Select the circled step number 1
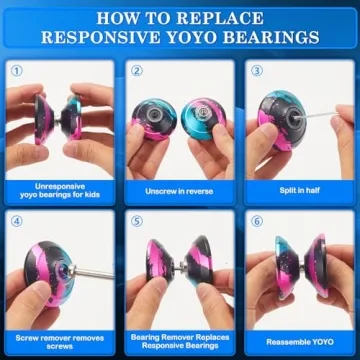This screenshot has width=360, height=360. [16, 72]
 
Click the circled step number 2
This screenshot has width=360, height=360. [137, 72]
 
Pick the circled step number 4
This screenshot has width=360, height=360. [16, 220]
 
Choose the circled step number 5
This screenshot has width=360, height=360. [137, 220]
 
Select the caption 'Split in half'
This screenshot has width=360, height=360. [297, 190]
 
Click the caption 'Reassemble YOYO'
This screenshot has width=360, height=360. [297, 340]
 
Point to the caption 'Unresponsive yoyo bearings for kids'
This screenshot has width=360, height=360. [59, 190]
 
